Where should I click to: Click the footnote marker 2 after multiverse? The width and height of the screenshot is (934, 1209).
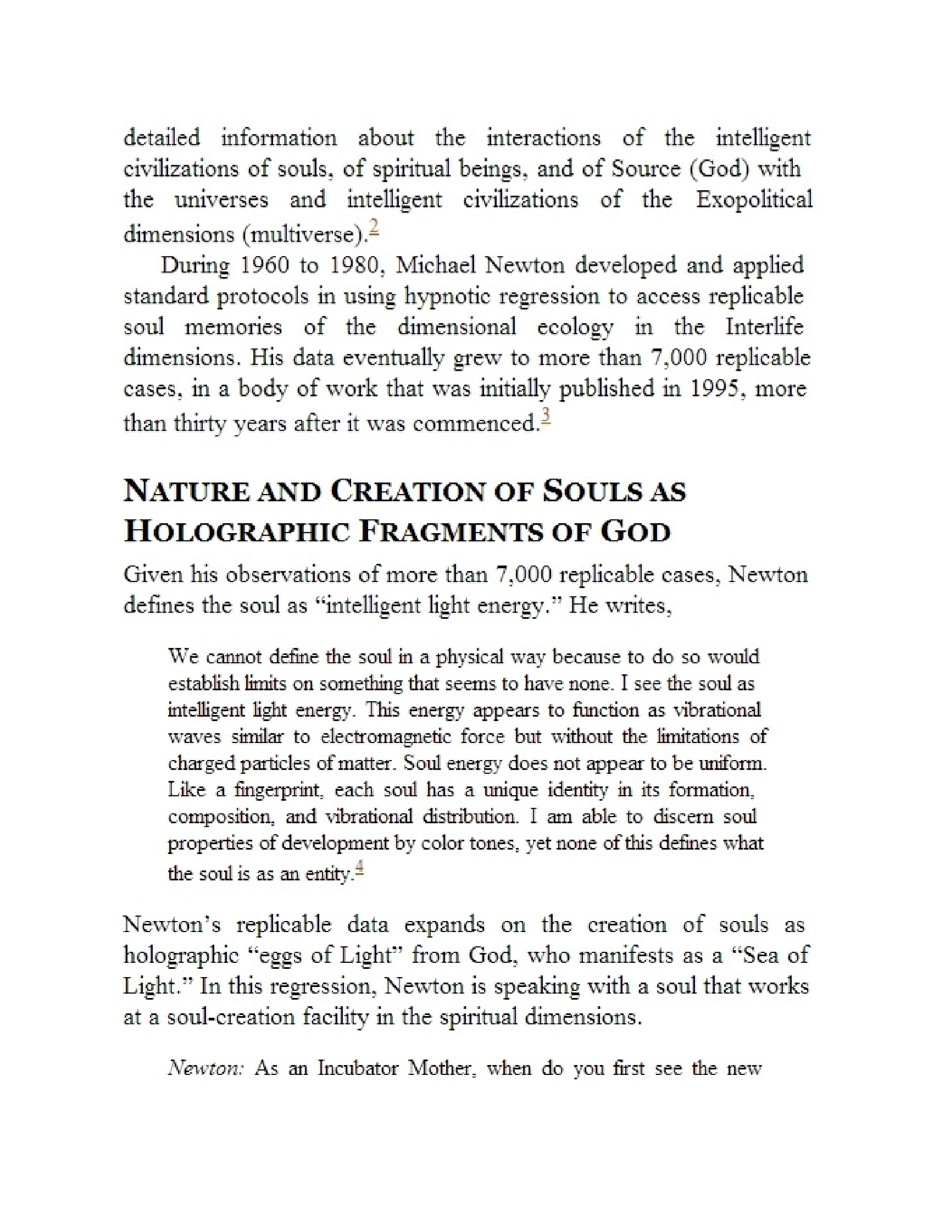pos(374,229)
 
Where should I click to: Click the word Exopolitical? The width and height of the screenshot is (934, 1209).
pos(754,199)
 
